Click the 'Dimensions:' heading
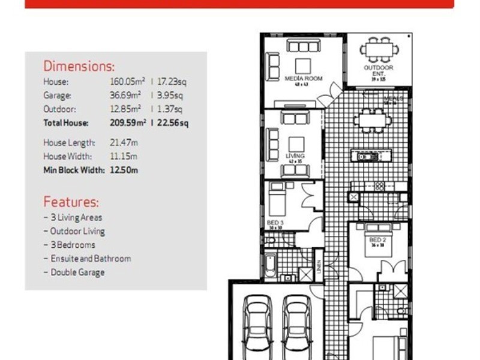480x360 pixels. (x=79, y=66)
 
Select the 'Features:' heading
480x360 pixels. (x=71, y=202)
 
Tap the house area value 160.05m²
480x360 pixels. (x=122, y=81)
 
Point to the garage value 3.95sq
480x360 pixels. (x=170, y=95)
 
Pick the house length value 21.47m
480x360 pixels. (x=124, y=143)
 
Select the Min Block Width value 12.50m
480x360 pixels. (x=124, y=170)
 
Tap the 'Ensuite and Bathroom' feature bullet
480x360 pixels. (x=87, y=259)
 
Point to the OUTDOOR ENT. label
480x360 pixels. (x=379, y=70)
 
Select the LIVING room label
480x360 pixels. (x=295, y=156)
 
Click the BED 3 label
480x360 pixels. (x=275, y=222)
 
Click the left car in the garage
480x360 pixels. (x=259, y=327)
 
